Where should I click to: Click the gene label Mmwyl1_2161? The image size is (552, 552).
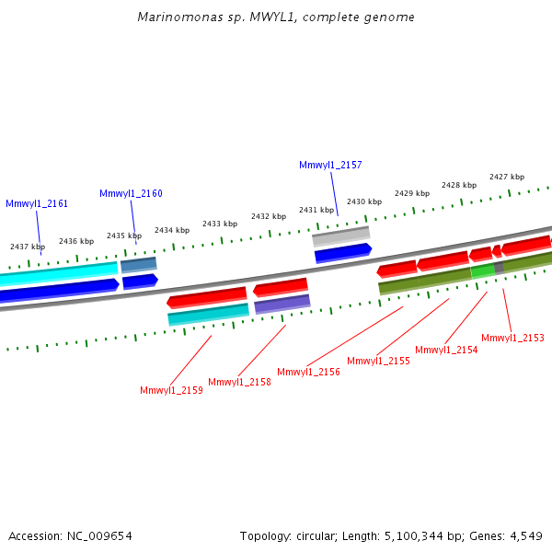(37, 204)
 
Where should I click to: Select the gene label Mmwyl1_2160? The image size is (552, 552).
(131, 194)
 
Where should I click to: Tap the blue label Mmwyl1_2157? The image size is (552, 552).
(330, 166)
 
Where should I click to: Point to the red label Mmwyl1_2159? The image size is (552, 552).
(171, 391)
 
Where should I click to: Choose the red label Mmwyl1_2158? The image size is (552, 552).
(239, 383)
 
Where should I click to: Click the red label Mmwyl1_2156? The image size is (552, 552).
(308, 373)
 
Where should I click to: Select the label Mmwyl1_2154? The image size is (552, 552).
(446, 351)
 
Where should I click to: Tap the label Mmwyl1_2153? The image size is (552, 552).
(512, 339)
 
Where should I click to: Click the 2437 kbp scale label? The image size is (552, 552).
(28, 247)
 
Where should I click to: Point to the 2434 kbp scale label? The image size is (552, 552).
(172, 230)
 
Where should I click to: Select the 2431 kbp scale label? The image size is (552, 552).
(316, 210)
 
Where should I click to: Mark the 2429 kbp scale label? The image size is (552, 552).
(412, 193)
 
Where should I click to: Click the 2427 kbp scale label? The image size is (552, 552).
(507, 177)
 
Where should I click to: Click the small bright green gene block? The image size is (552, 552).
(482, 271)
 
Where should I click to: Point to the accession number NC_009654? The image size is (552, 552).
(101, 535)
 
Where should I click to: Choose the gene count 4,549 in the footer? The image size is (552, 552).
(523, 535)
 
